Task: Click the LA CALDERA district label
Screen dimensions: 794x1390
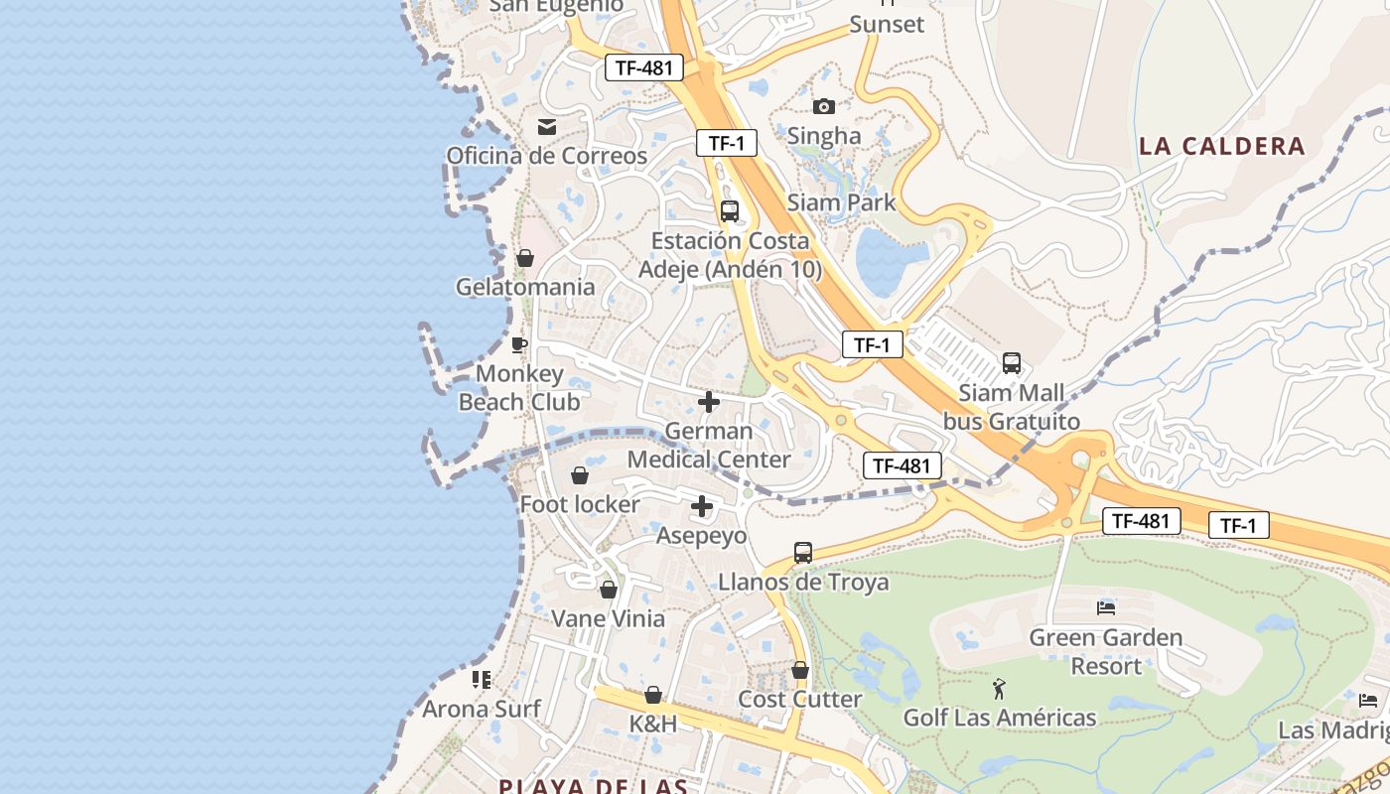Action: (1221, 146)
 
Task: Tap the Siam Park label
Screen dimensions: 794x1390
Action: (841, 202)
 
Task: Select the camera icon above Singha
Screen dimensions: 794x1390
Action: (824, 106)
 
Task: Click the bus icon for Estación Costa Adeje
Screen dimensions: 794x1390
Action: (730, 210)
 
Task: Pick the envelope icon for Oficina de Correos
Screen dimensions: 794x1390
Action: (547, 126)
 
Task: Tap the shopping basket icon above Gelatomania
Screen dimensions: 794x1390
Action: (525, 258)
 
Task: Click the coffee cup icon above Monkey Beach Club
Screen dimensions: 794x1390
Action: (518, 344)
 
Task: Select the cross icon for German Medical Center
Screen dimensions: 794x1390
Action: (709, 402)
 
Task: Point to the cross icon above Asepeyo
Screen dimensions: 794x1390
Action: (702, 506)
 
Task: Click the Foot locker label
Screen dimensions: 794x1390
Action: (580, 504)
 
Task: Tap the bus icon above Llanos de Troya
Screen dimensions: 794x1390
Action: (803, 552)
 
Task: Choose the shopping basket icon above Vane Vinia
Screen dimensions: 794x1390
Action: (609, 590)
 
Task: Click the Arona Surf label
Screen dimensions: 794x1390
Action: (482, 709)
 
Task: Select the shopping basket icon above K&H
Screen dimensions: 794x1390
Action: (653, 695)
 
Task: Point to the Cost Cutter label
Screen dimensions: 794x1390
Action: (799, 699)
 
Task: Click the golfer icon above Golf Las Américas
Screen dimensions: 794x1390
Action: (1000, 688)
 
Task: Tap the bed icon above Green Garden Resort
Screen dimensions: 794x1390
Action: (1106, 607)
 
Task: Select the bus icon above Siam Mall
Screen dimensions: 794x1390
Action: (1012, 363)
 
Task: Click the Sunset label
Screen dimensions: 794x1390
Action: (887, 24)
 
